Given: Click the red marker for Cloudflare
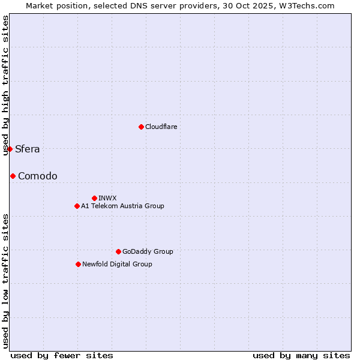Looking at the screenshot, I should tap(141, 127).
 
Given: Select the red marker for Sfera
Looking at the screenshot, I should tap(10, 149).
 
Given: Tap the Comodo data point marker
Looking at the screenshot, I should tap(13, 176).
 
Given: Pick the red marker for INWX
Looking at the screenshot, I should tap(94, 198).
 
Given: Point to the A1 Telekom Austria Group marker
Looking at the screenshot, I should tap(77, 206).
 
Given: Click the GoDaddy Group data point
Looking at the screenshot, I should tap(118, 251).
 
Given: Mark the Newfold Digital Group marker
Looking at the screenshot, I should tap(78, 264).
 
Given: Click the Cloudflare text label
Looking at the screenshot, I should tap(161, 127).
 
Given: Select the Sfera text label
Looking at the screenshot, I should tap(28, 149).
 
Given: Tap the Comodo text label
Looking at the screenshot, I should tap(38, 176).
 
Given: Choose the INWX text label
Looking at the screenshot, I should tap(107, 198).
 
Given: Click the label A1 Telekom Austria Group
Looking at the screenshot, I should tap(122, 206).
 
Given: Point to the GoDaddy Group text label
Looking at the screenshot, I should tap(148, 251).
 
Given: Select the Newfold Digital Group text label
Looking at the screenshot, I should tap(117, 264).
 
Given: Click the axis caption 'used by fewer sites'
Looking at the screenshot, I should tap(62, 355).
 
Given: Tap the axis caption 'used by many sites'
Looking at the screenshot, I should tap(301, 355).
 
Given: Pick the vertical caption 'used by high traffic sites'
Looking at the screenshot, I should tap(5, 85).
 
